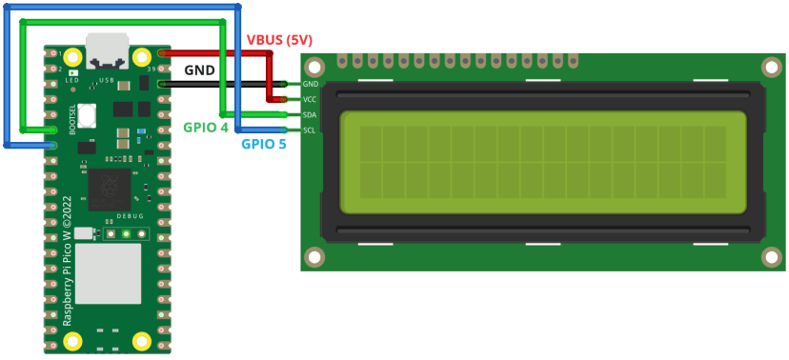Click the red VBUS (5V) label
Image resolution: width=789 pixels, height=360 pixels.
[279, 39]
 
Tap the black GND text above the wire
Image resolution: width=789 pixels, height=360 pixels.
[199, 70]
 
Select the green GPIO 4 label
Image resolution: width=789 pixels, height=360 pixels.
[206, 127]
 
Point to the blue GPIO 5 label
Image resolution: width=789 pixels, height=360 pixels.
[264, 145]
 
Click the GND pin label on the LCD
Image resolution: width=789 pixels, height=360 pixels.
[310, 84]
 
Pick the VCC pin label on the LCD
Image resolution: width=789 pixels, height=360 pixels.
[310, 99]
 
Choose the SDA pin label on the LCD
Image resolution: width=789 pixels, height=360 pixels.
[310, 114]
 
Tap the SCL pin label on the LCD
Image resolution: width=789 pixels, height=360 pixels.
[310, 130]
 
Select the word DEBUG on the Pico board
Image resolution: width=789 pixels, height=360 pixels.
[131, 217]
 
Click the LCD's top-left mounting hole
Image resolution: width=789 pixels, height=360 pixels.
[314, 67]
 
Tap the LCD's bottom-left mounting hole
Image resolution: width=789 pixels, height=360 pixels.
[314, 257]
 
